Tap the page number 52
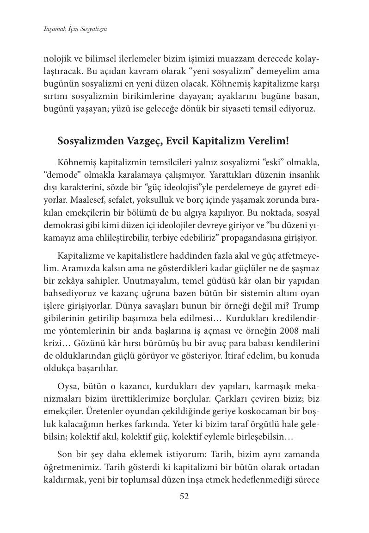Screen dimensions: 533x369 (x=184, y=496)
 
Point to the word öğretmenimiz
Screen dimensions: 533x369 (x=69, y=467)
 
